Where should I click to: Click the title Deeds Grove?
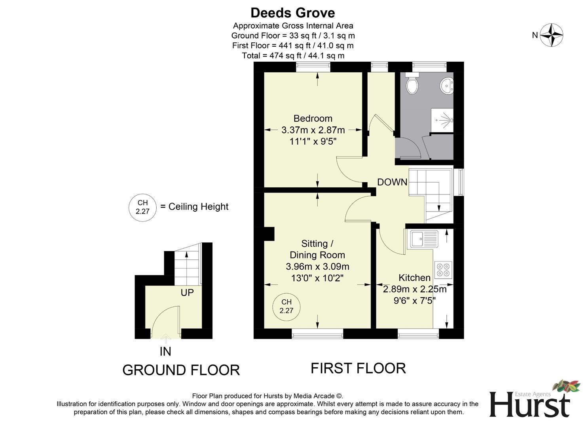(293, 13)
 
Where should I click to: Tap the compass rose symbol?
(552, 35)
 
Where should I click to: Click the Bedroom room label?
(313, 118)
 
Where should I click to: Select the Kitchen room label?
(414, 278)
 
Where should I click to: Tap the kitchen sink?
(424, 239)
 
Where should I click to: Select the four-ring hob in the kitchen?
(443, 270)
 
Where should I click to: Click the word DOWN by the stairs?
(392, 182)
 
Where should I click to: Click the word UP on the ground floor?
(187, 293)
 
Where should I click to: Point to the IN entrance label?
(165, 351)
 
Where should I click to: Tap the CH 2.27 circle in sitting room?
(286, 306)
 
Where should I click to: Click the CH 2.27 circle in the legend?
(142, 207)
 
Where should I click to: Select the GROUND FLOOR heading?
(181, 370)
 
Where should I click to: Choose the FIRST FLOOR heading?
(358, 368)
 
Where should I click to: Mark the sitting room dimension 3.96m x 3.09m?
(317, 266)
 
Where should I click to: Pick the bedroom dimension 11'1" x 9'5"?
(313, 141)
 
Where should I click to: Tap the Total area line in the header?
(293, 56)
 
